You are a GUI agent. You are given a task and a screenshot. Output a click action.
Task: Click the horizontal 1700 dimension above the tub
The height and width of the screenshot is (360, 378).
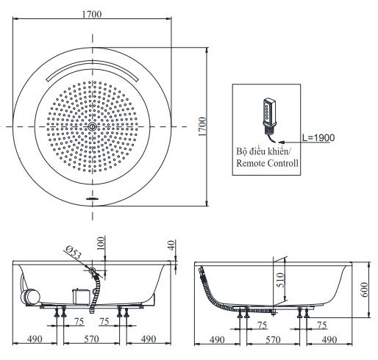point(91,14)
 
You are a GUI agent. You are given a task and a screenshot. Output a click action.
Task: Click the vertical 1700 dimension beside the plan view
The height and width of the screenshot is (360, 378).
point(202,126)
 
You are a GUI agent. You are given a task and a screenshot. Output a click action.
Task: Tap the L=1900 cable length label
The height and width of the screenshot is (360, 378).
point(318,137)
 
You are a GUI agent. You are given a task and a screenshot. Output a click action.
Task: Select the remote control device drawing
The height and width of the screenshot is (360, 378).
point(270,119)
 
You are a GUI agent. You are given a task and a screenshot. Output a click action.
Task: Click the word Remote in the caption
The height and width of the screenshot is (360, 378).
point(250,163)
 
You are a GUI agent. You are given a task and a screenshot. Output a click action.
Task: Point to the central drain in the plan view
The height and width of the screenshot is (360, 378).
point(92,126)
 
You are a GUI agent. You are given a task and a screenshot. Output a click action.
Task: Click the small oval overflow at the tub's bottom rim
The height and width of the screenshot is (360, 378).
point(93,198)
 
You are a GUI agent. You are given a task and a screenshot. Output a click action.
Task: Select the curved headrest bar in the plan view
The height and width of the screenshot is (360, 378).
point(93,70)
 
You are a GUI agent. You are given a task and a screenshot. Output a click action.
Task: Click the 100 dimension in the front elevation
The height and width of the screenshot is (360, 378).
point(101,243)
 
